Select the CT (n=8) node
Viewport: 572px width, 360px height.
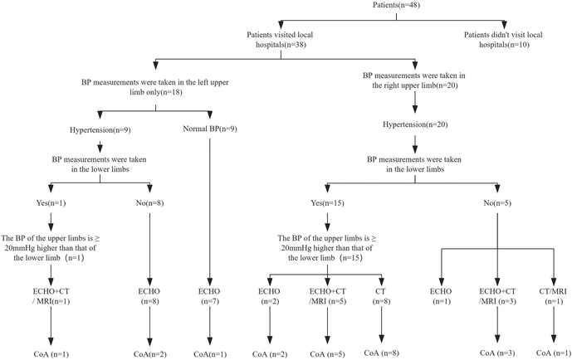click(382, 296)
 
